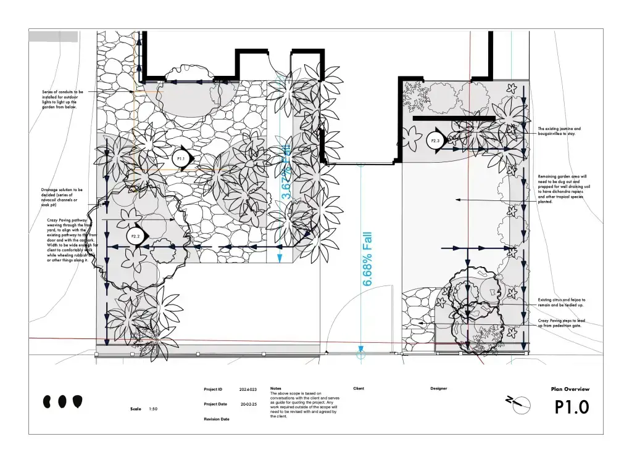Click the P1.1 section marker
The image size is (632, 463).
[x=181, y=159]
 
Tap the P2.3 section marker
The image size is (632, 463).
[x=435, y=141]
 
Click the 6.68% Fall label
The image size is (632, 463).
[x=368, y=259]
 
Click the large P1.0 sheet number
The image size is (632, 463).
[x=572, y=408]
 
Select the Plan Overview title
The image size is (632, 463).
[x=570, y=389]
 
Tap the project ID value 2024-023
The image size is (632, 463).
[x=248, y=390]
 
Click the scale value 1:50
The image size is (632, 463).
[x=153, y=409]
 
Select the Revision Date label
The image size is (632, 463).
[x=217, y=419]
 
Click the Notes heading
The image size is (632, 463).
[x=275, y=388]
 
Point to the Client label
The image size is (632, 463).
[x=359, y=388]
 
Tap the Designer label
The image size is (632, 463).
[x=439, y=388]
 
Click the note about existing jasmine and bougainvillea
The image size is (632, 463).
[x=559, y=131]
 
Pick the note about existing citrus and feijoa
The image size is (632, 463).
[x=561, y=302]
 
